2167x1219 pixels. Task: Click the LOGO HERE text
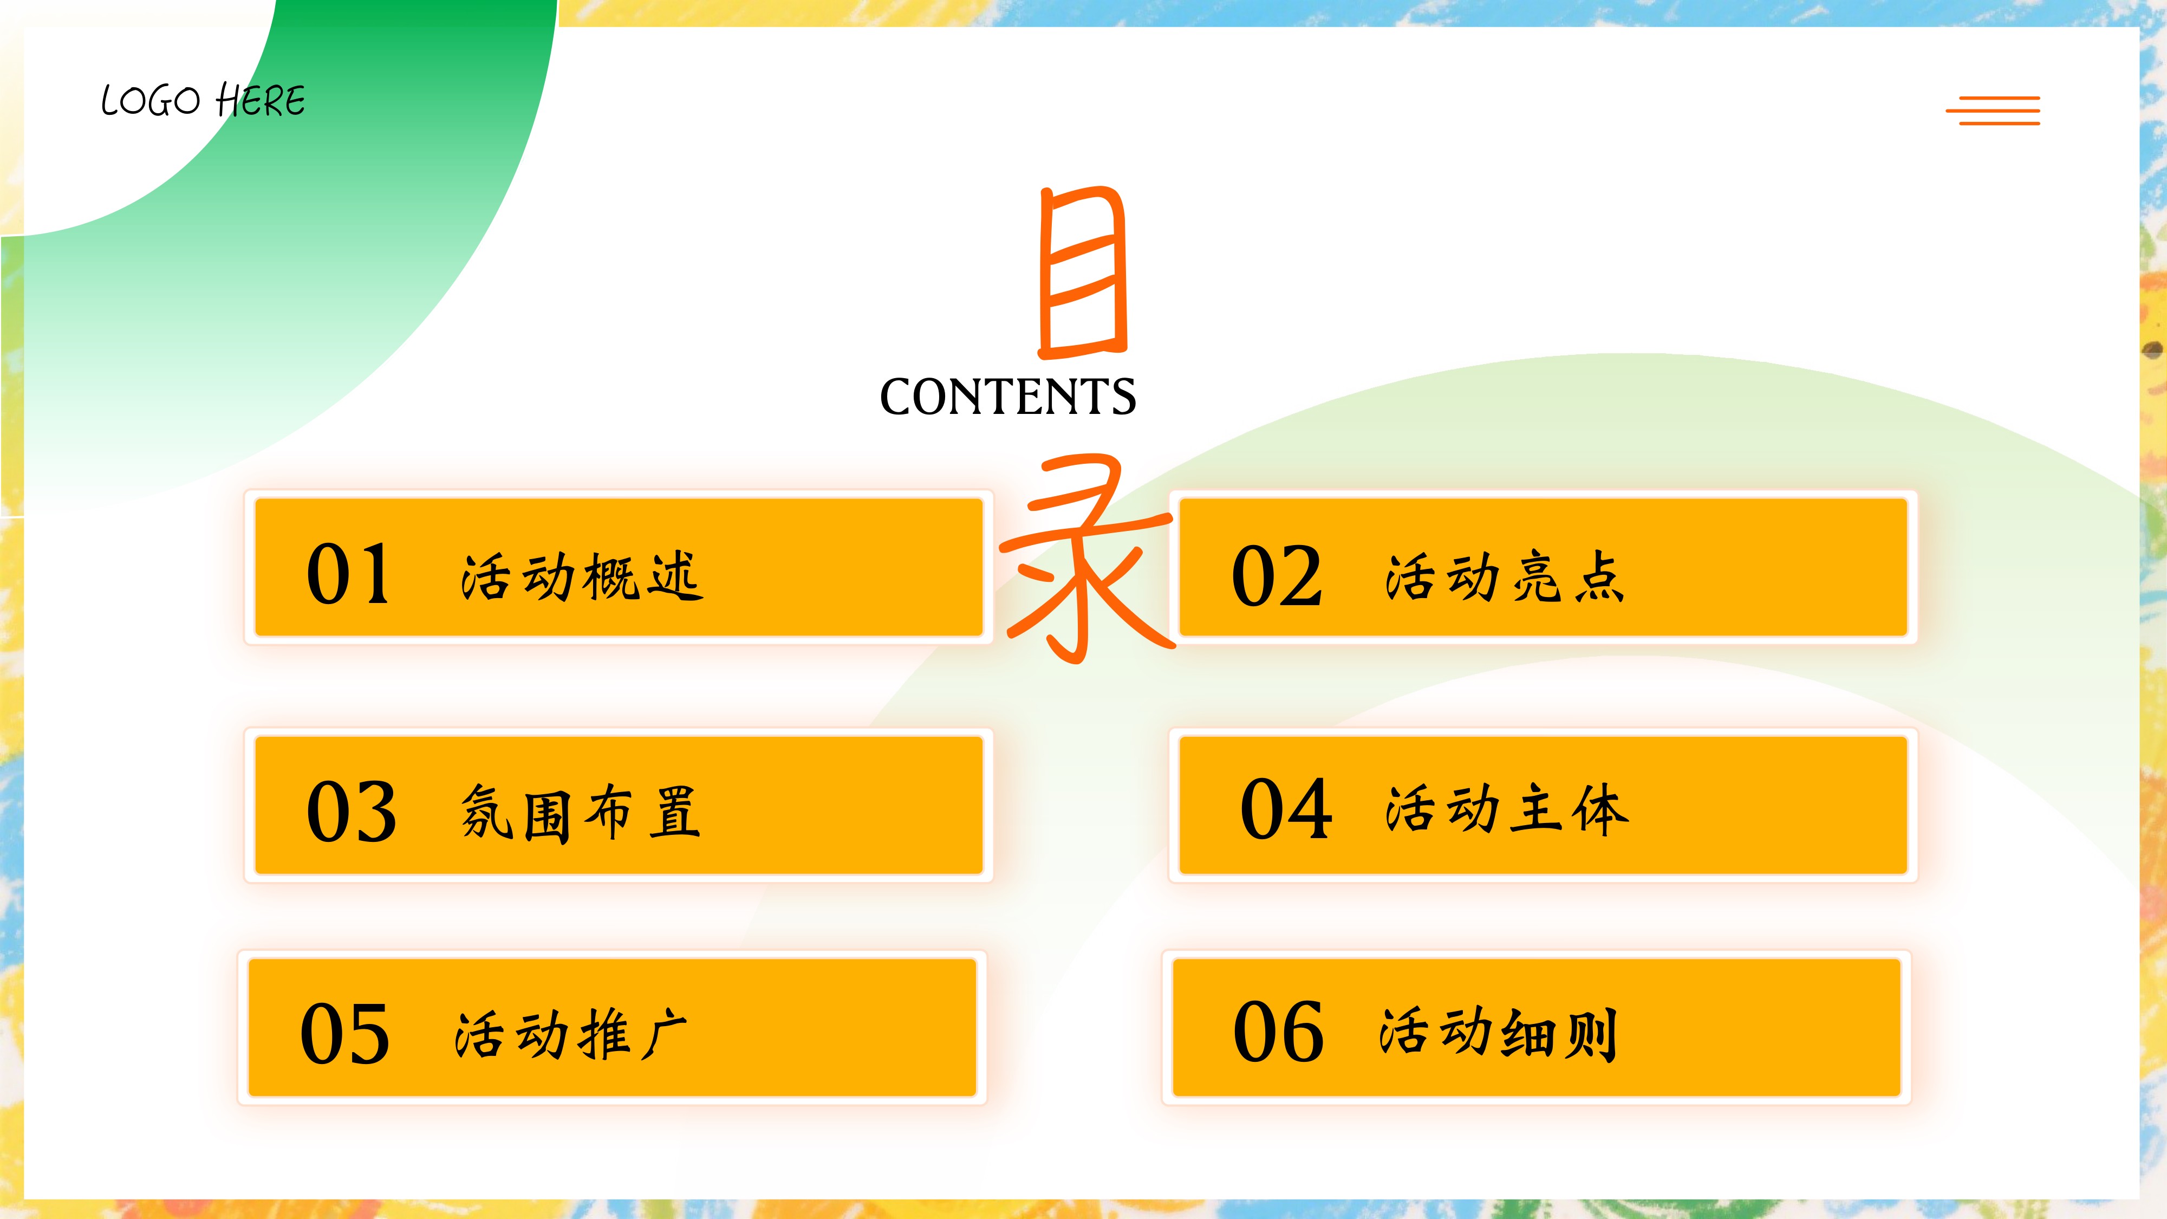click(203, 101)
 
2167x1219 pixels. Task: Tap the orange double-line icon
click(1992, 110)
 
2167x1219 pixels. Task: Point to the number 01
click(348, 575)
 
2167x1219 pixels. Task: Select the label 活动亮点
click(1505, 577)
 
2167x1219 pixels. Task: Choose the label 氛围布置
click(581, 813)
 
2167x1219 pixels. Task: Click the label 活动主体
click(1507, 809)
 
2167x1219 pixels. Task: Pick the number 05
click(345, 1033)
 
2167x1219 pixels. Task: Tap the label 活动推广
click(571, 1034)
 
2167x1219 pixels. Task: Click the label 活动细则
click(1498, 1033)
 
